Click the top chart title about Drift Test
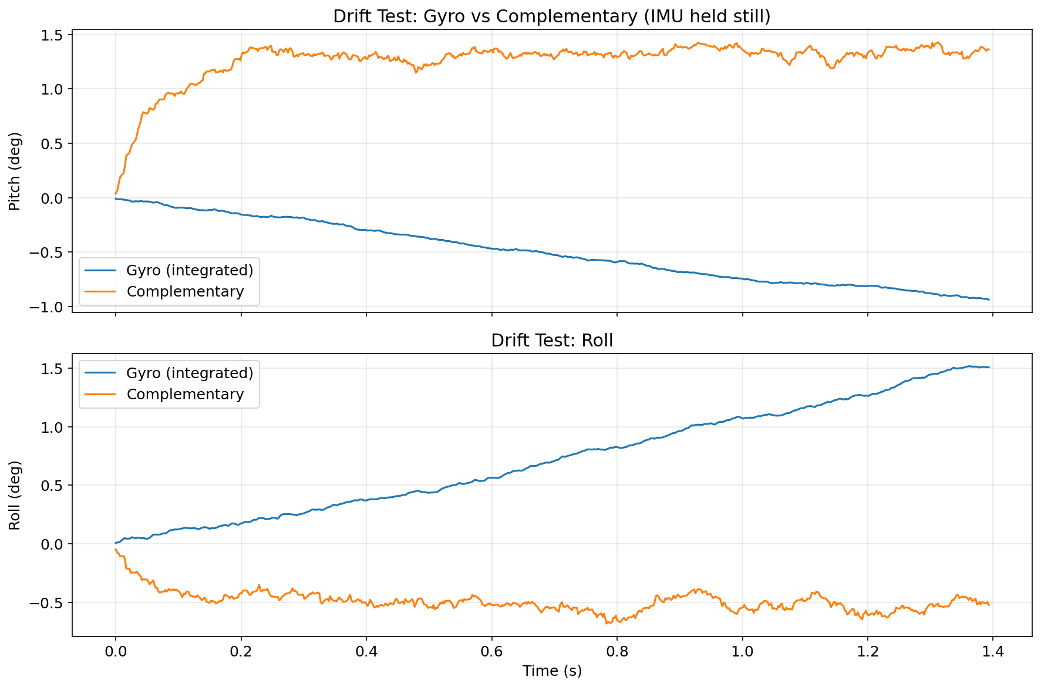[x=551, y=16]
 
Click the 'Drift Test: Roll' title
[x=551, y=341]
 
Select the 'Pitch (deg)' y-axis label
[x=15, y=171]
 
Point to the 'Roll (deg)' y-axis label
[x=15, y=495]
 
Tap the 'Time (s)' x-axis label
[x=551, y=671]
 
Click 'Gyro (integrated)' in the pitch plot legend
[x=190, y=270]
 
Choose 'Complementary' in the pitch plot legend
[x=185, y=291]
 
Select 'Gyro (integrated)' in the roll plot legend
[x=190, y=373]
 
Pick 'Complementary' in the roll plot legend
[x=185, y=394]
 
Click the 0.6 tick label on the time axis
[x=491, y=652]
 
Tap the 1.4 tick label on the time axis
[x=993, y=652]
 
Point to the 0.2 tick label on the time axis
[x=241, y=652]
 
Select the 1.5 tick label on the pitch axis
[x=53, y=35]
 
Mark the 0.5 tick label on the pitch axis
[x=53, y=144]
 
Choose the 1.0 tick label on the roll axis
[x=53, y=427]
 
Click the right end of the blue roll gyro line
[x=989, y=367]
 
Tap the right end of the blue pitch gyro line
[x=989, y=299]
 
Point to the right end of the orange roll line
[x=989, y=605]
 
